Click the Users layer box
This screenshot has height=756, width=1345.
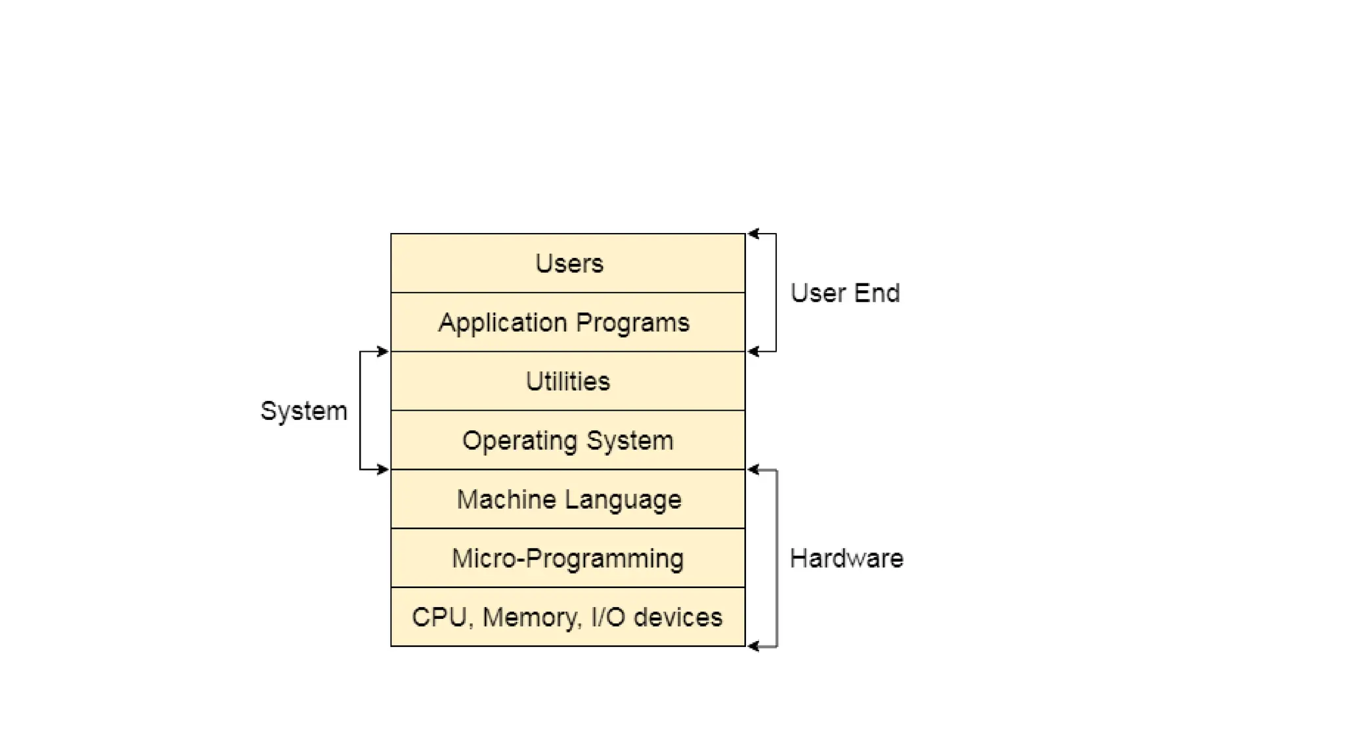point(568,263)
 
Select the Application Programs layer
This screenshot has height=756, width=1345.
point(568,322)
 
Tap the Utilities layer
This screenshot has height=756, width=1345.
point(568,381)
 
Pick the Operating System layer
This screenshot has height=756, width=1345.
point(568,440)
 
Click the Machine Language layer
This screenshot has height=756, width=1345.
point(568,499)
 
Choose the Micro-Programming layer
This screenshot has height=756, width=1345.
point(568,558)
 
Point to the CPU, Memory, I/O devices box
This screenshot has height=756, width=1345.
point(568,618)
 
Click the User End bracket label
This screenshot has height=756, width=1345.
point(845,293)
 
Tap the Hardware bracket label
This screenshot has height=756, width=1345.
point(846,558)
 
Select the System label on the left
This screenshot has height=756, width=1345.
point(303,411)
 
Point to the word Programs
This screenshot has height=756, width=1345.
point(632,322)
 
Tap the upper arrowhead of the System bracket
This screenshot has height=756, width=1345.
point(383,352)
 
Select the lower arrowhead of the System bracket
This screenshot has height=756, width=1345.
point(383,469)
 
